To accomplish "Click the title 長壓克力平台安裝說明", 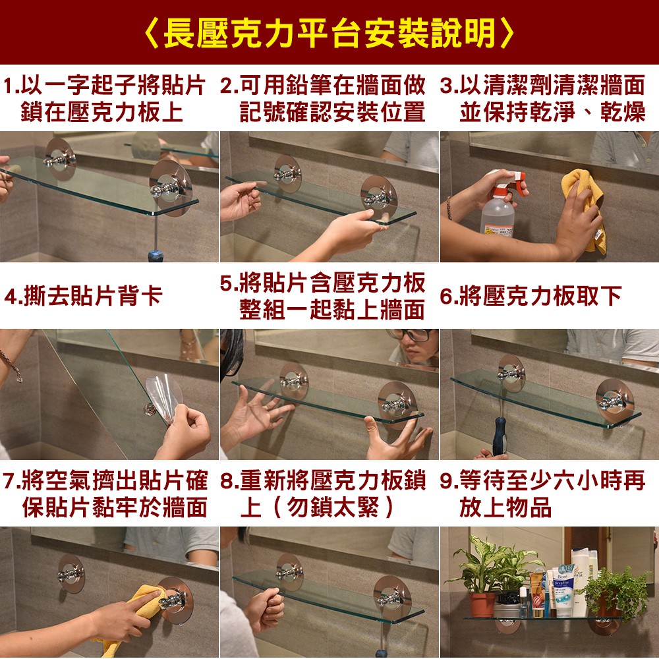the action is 329,33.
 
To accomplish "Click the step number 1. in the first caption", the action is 11,85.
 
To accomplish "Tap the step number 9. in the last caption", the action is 448,480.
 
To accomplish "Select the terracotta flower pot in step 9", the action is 482,604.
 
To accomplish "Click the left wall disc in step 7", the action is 71,574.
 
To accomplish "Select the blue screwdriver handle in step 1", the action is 155,256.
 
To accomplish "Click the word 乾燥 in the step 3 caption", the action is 623,112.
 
